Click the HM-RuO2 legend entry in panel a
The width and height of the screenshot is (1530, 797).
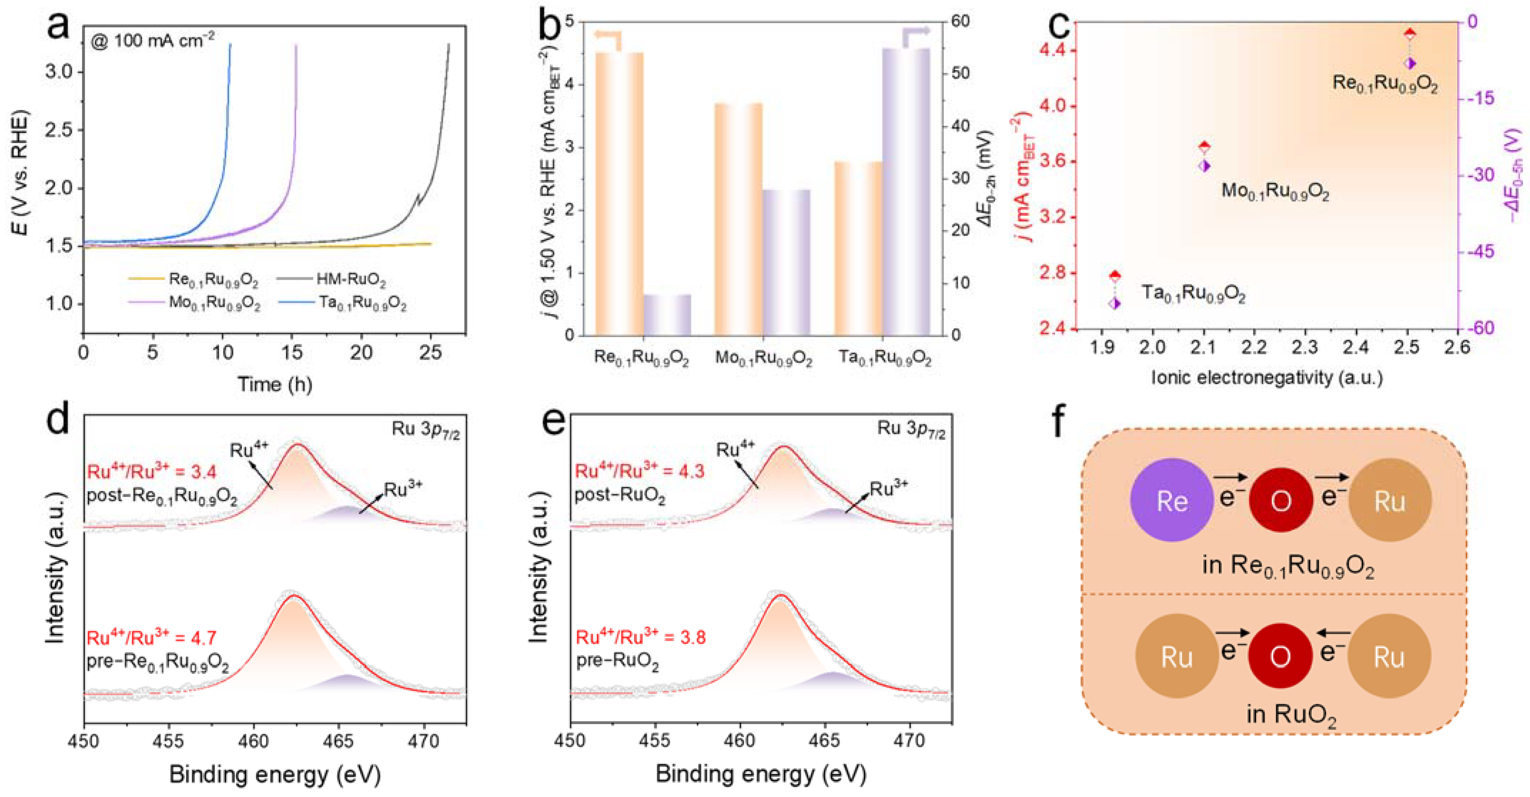(350, 279)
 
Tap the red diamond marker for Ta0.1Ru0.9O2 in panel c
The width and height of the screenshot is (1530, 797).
(1115, 276)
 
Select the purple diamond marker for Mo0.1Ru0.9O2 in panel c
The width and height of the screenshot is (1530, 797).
(1204, 166)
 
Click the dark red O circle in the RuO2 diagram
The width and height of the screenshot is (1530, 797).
(1280, 656)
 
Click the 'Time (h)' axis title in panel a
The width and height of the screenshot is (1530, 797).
(275, 384)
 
